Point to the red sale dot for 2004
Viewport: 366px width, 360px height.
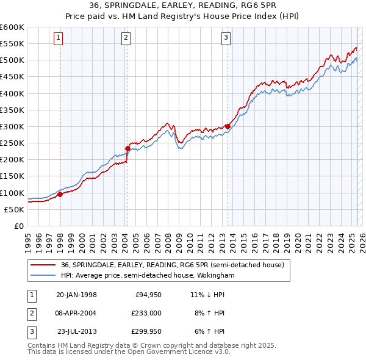tap(127, 148)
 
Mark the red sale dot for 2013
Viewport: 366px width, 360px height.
tap(228, 126)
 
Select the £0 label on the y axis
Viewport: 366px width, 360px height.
tap(19, 226)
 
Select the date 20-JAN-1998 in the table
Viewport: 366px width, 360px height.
tap(76, 295)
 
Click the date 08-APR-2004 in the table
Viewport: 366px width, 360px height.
tap(76, 313)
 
